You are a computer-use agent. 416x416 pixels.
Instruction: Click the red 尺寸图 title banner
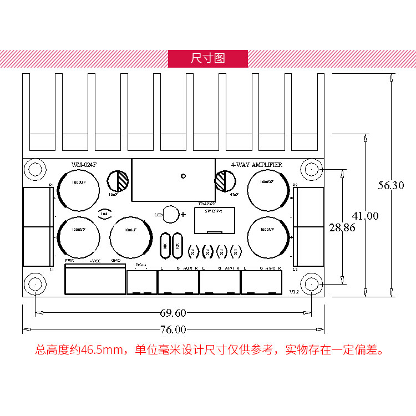tap(208, 58)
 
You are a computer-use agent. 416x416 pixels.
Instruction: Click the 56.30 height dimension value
tap(391, 186)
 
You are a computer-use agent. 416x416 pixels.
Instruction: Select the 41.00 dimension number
tap(364, 216)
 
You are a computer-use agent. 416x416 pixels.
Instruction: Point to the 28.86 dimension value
tap(342, 227)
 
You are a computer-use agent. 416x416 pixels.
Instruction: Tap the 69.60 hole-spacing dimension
tap(173, 313)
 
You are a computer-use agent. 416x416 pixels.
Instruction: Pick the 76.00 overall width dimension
tap(173, 329)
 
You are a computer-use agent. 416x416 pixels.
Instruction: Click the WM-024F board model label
tap(84, 165)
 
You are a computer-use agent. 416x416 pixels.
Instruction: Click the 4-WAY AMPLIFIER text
tap(256, 165)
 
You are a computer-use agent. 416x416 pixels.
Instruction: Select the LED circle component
tap(171, 214)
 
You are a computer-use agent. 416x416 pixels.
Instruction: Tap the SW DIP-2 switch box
tap(215, 221)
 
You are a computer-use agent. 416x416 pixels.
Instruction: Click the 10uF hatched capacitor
tap(118, 181)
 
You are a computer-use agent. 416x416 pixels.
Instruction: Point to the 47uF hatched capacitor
tap(225, 181)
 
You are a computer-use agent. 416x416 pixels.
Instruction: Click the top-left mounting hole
tap(35, 169)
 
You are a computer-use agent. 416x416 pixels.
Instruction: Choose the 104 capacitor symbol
tap(104, 212)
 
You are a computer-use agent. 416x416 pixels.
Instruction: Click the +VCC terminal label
tap(95, 260)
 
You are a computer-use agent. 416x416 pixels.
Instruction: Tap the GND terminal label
tap(116, 260)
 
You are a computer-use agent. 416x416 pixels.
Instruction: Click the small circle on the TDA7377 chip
tap(183, 175)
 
